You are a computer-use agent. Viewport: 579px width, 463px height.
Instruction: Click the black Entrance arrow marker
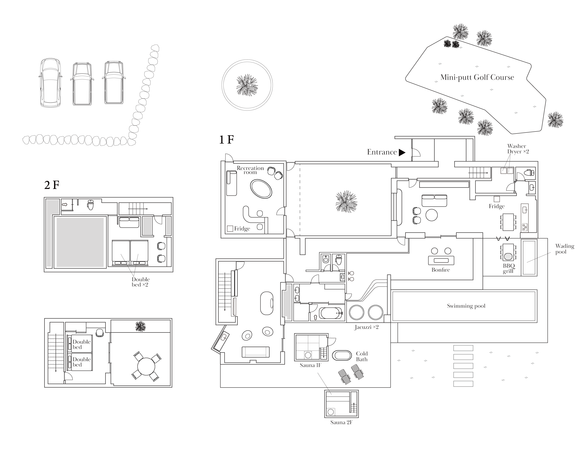(x=402, y=152)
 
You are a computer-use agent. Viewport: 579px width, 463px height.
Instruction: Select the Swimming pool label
(x=466, y=306)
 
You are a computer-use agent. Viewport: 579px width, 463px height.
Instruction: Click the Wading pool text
(x=565, y=249)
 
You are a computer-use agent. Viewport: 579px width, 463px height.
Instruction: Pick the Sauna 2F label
(x=341, y=422)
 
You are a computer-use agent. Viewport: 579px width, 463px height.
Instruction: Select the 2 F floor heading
(x=52, y=185)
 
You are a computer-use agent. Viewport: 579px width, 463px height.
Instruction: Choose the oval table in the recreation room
(x=261, y=189)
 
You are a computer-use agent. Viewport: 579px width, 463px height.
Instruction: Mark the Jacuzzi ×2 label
(x=366, y=327)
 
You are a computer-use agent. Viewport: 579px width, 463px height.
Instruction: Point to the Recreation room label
(x=250, y=170)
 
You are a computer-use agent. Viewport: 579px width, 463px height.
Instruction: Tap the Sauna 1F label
(x=310, y=365)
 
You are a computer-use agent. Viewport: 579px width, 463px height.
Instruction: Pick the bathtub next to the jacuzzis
(x=331, y=313)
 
